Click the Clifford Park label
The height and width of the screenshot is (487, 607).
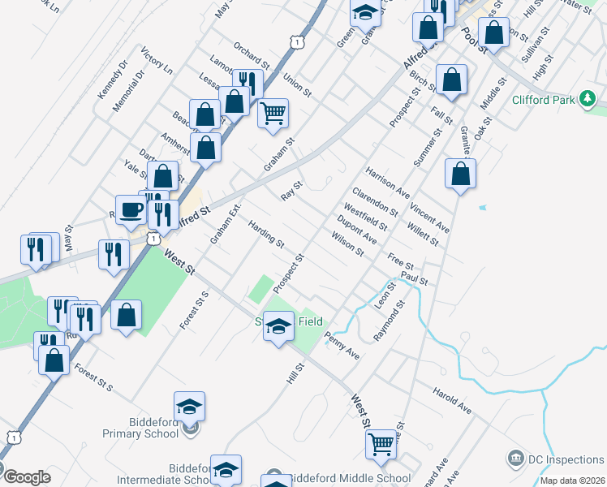click(x=543, y=101)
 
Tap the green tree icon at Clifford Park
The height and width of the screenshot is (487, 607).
click(x=588, y=100)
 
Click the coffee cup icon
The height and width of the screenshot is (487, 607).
click(x=131, y=210)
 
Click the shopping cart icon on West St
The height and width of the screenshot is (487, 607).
click(x=381, y=444)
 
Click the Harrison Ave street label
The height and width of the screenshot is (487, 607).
click(x=387, y=183)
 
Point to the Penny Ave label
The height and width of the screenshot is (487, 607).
click(x=342, y=345)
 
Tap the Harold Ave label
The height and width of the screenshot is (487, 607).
click(x=452, y=399)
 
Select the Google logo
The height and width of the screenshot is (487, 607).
click(x=26, y=477)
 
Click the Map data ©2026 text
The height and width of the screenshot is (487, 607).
click(x=573, y=480)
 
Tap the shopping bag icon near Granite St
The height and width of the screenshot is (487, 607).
click(x=460, y=174)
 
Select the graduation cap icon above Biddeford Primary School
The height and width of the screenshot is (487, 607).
click(x=189, y=406)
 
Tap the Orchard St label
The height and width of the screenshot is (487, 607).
click(x=250, y=54)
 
